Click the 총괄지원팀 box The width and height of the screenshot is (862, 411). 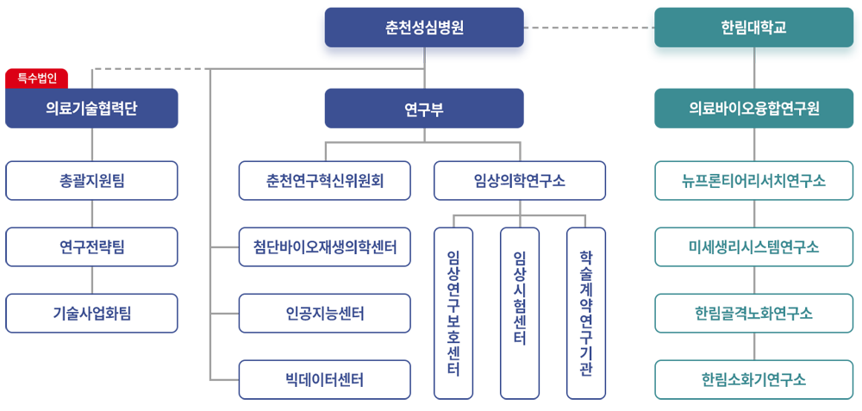pos(91,181)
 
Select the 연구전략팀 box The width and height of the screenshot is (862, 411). pos(91,247)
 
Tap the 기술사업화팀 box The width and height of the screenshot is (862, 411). pos(91,314)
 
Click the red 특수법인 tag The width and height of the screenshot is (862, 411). pos(37,78)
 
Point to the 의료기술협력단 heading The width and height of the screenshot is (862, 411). pos(91,109)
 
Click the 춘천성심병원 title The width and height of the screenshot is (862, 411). pos(425,28)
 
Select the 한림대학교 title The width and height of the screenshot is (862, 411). pos(753,28)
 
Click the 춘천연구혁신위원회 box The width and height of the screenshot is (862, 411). pos(325,181)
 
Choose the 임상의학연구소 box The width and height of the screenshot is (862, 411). pos(520,181)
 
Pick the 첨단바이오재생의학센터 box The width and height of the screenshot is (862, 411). pos(325,247)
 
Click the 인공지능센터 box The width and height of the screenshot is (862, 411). pos(325,314)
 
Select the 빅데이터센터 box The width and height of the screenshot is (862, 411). pos(325,380)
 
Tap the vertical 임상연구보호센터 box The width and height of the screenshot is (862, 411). pos(453,313)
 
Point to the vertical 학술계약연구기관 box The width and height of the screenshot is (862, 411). pos(586,313)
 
